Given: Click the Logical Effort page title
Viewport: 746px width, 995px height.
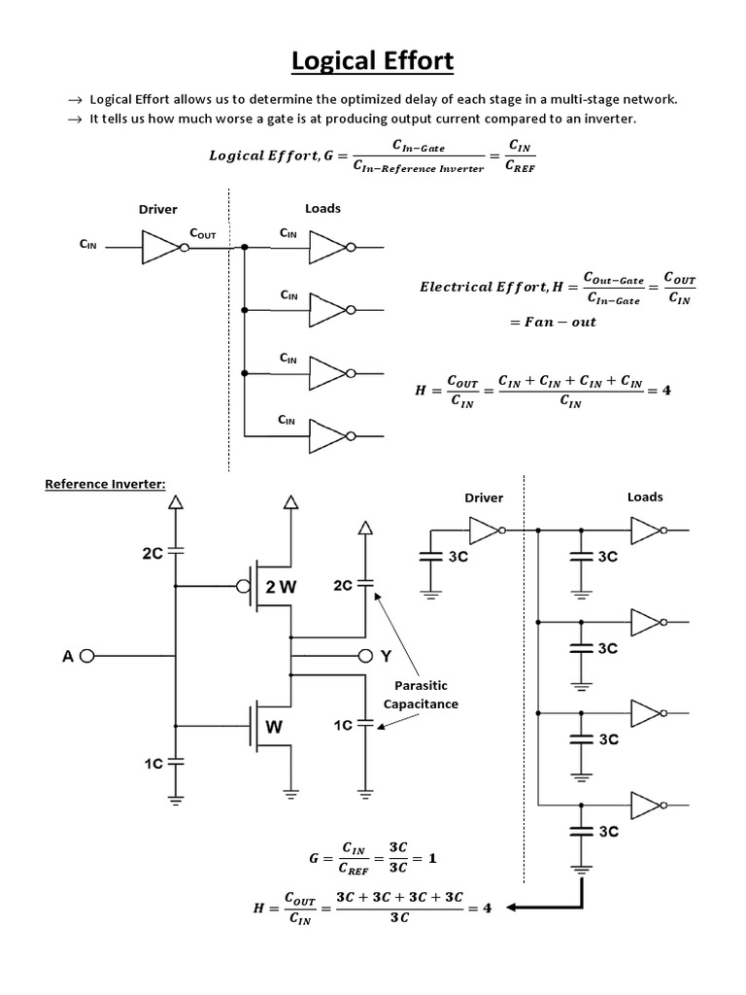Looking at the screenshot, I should [x=373, y=61].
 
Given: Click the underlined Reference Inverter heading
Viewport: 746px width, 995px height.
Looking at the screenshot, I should [x=104, y=484].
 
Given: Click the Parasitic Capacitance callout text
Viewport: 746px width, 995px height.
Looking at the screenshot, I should [x=420, y=694].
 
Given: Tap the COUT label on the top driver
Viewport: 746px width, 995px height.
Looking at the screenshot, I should [x=202, y=234].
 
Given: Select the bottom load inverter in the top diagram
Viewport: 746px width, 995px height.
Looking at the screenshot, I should [x=326, y=433].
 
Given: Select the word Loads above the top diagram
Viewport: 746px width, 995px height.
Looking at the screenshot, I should [x=322, y=208].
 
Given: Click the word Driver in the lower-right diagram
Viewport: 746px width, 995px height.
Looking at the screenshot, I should [x=484, y=497].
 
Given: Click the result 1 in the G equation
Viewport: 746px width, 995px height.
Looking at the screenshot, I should [x=432, y=859].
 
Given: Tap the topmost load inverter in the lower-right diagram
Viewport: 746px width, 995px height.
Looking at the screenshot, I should [x=645, y=531].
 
